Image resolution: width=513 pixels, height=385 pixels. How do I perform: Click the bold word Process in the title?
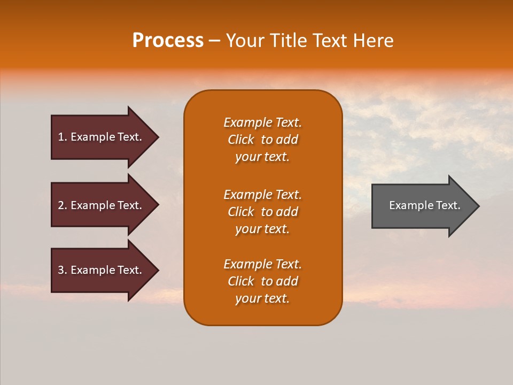[168, 41]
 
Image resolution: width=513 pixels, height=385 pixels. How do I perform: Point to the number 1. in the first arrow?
[62, 137]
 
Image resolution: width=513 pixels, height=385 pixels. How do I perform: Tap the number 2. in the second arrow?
[62, 205]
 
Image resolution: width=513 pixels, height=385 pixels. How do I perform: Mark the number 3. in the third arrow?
[62, 270]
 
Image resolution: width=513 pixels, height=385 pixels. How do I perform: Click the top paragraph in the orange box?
[262, 140]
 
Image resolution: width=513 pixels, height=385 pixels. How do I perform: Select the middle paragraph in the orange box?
[262, 212]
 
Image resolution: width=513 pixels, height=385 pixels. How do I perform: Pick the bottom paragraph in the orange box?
[262, 281]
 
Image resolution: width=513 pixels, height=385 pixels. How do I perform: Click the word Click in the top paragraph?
[241, 140]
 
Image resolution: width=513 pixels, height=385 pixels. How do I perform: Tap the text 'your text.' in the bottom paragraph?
[262, 298]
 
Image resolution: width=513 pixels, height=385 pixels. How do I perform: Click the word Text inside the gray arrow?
[448, 205]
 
